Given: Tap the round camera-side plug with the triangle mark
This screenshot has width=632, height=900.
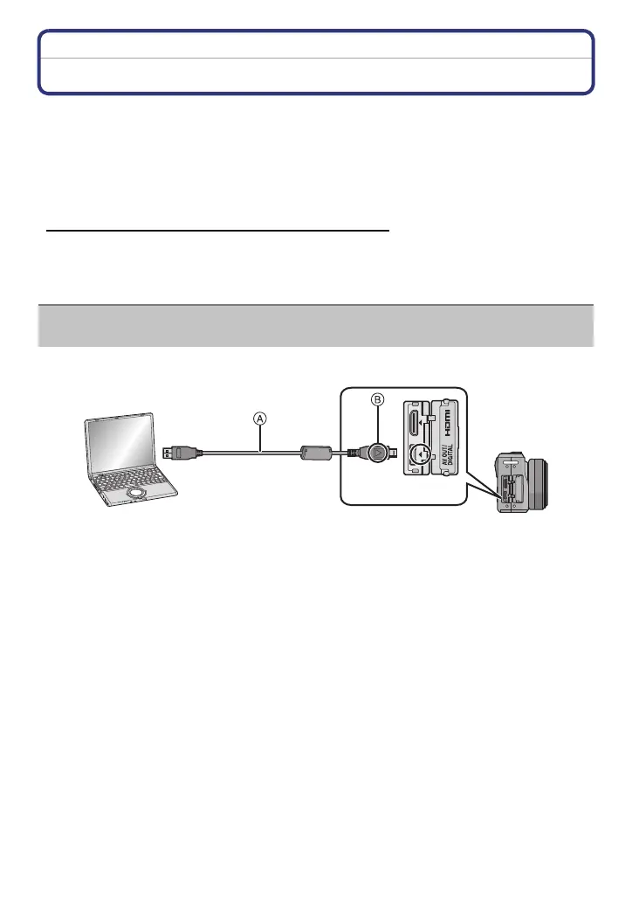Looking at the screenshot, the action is tap(377, 453).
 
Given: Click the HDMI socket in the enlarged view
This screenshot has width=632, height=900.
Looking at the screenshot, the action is tap(413, 430).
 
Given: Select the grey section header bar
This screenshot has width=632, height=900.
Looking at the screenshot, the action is tap(316, 325).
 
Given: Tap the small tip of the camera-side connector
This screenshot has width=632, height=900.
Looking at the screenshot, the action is tap(395, 453).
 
